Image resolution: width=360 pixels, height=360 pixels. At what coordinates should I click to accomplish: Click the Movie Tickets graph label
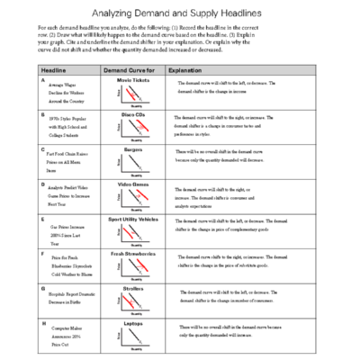pyautogui.click(x=132, y=79)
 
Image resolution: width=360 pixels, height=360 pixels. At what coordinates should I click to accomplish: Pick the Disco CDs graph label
pyautogui.click(x=132, y=114)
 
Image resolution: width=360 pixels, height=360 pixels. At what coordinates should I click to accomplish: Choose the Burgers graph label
pyautogui.click(x=132, y=148)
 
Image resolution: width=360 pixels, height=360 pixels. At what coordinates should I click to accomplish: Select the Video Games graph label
pyautogui.click(x=132, y=184)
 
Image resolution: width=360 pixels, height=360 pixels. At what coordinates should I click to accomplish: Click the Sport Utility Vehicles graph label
pyautogui.click(x=132, y=218)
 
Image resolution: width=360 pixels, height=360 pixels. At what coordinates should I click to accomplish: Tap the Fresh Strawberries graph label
pyautogui.click(x=132, y=253)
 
